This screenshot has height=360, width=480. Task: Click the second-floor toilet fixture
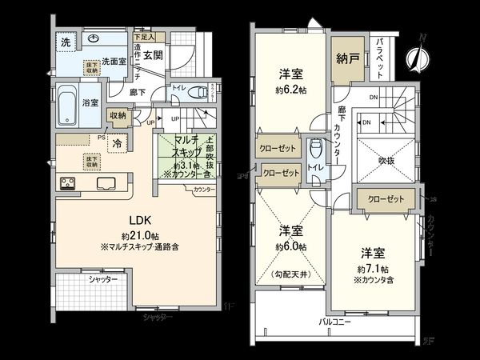tap(317, 148)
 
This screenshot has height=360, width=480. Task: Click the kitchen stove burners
tap(66, 184)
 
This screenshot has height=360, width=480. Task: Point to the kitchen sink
tap(104, 183)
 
